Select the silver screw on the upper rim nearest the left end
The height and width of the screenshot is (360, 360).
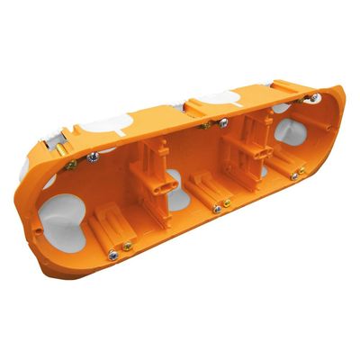[94, 158]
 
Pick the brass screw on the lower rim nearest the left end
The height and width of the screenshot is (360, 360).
[128, 246]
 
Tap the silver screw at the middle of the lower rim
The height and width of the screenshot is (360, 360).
[216, 209]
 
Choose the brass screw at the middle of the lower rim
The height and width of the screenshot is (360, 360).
[227, 203]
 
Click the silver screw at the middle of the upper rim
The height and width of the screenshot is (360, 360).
[220, 121]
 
